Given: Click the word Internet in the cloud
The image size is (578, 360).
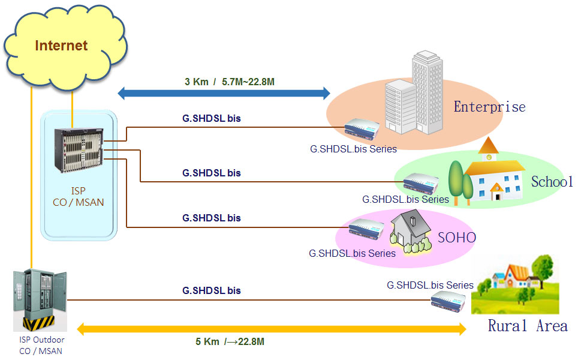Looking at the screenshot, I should click(61, 46).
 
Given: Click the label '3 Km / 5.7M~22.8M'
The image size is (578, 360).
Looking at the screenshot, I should click(230, 81).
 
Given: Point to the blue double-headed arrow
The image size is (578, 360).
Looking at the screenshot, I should click(224, 93).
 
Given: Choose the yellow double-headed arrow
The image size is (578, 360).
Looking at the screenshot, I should click(272, 329).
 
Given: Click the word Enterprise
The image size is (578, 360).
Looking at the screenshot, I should click(489, 107).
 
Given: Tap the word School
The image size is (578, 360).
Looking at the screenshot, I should click(552, 181).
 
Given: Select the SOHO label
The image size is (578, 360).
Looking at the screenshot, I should click(456, 238).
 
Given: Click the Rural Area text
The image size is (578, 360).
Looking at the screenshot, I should click(527, 326).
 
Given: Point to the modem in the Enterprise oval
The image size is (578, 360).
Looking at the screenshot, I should click(363, 130).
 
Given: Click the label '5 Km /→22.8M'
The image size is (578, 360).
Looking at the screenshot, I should click(230, 342).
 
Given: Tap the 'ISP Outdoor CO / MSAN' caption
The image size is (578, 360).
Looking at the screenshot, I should click(40, 345).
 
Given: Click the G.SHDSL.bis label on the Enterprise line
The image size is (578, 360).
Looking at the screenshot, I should click(212, 119).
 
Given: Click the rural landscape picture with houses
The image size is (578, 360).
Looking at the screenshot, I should click(515, 284).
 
